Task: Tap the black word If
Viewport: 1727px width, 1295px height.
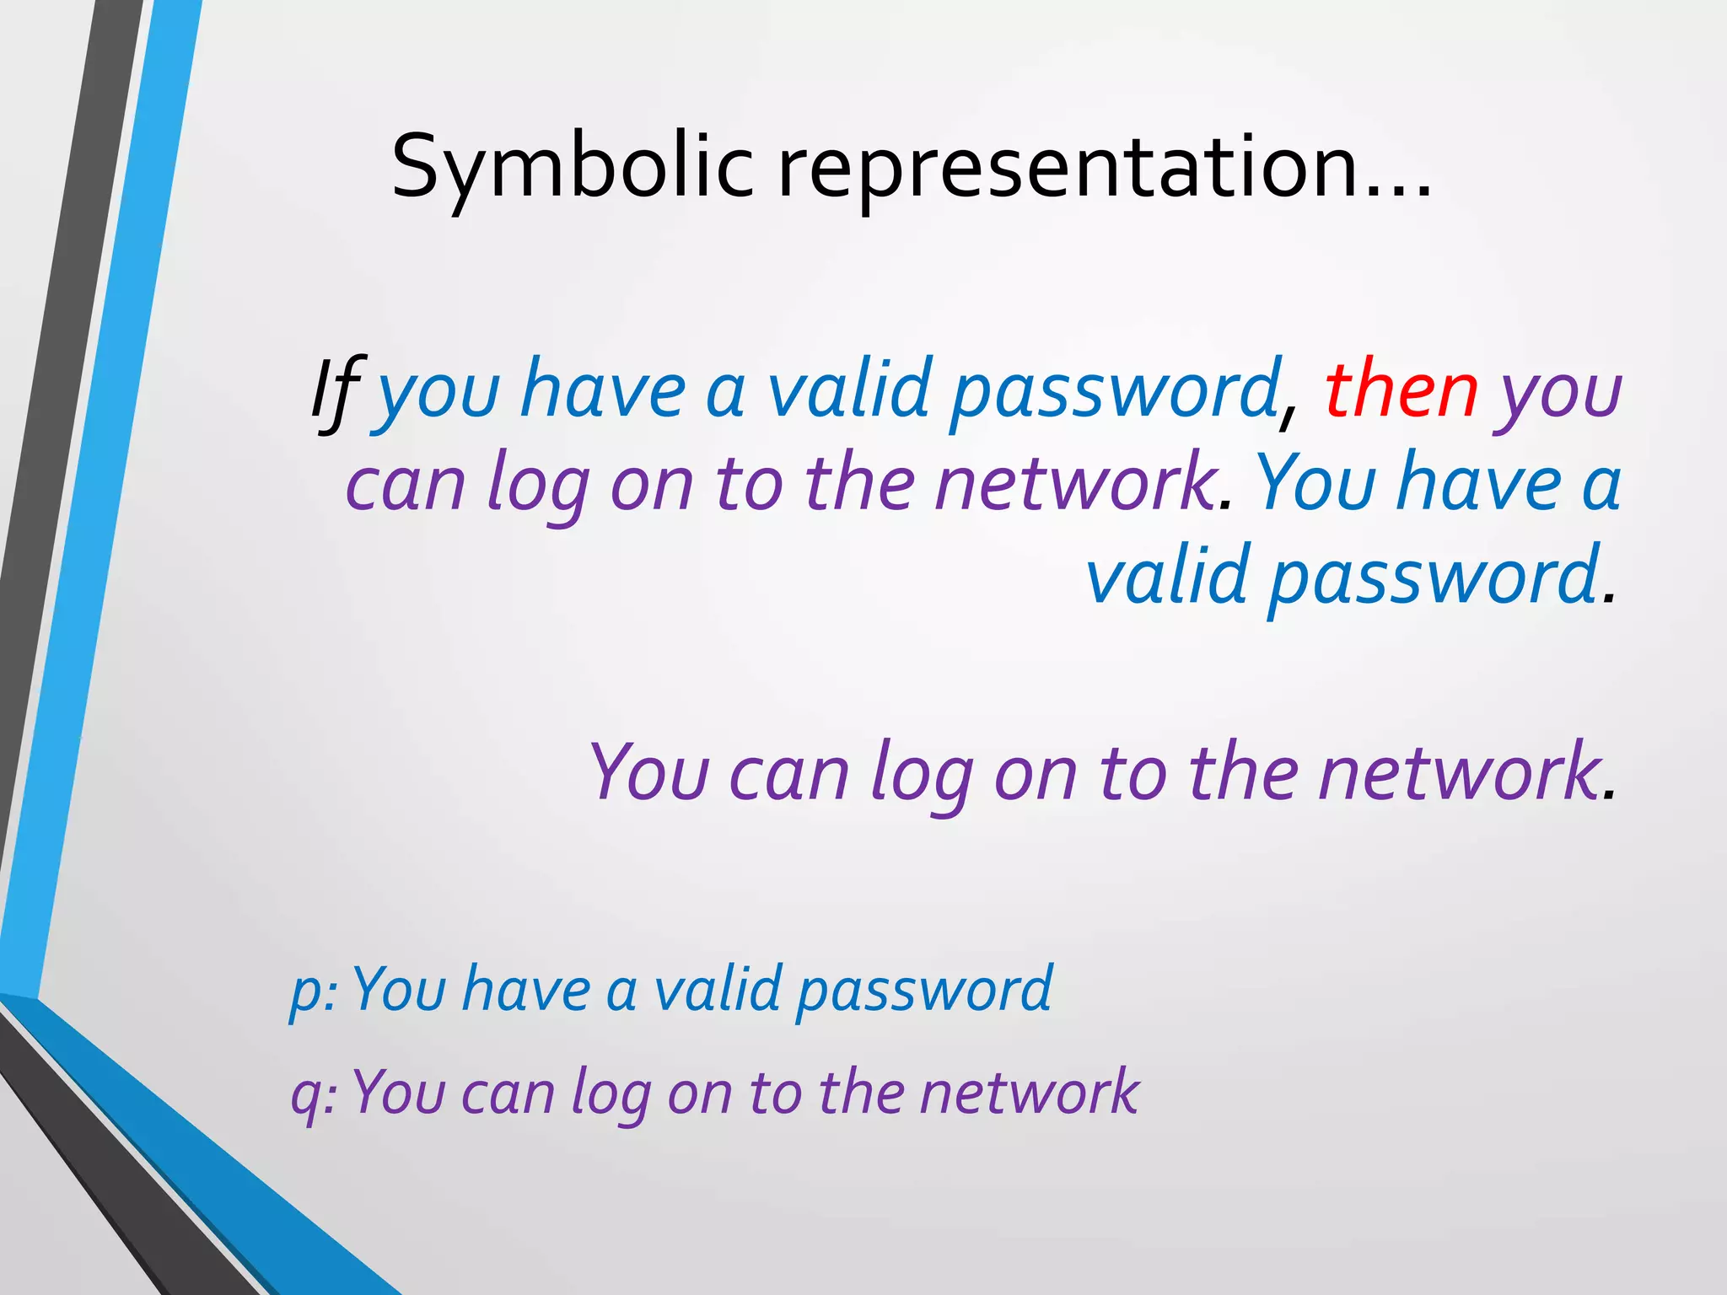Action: [x=336, y=391]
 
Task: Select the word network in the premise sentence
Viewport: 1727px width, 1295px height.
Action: [x=1074, y=484]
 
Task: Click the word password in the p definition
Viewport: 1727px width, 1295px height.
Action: [x=924, y=991]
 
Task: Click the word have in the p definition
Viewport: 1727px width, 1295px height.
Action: [x=526, y=990]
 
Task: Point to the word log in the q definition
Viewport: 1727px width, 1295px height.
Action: [x=611, y=1096]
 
